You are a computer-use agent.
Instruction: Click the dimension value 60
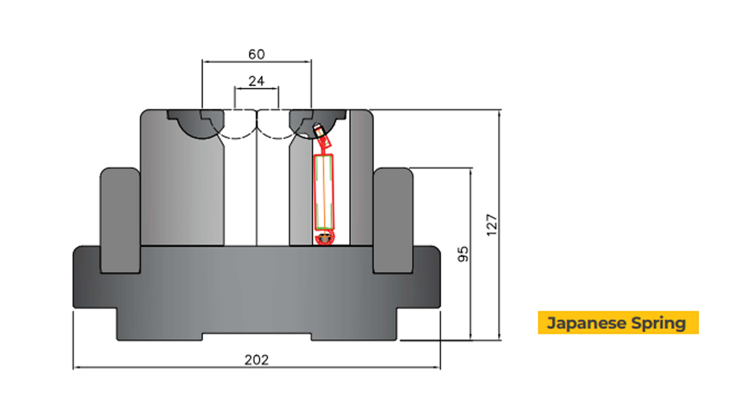(256, 54)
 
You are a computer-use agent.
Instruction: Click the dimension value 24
(256, 81)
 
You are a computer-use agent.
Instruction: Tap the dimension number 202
(256, 360)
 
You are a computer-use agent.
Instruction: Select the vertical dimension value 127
(492, 225)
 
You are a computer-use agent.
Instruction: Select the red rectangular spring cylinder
(324, 192)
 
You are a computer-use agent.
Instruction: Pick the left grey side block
(120, 220)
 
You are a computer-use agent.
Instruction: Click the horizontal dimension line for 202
(174, 367)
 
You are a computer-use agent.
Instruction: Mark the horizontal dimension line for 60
(226, 61)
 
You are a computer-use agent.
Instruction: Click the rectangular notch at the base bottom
(257, 337)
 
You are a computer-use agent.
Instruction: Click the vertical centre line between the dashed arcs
(257, 188)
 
